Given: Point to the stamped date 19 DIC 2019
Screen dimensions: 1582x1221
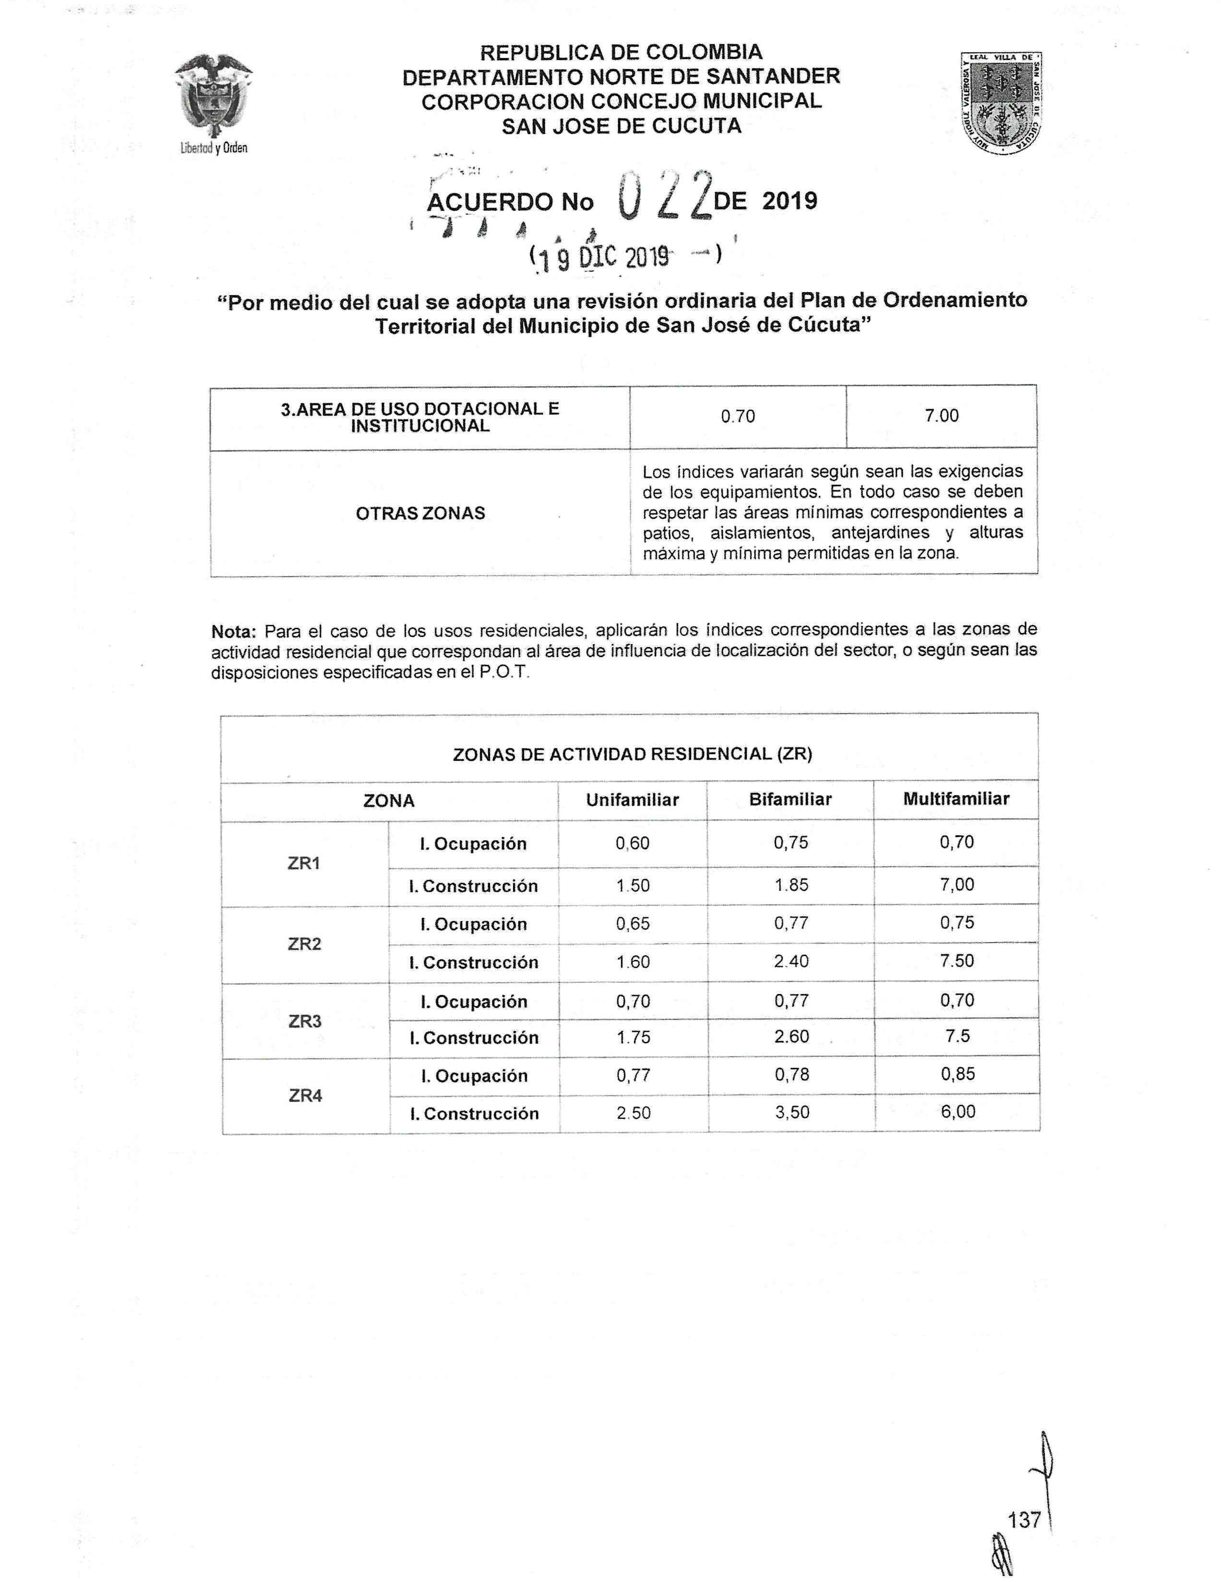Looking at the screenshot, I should (624, 257).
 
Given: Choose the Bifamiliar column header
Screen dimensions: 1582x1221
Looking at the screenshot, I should (790, 799).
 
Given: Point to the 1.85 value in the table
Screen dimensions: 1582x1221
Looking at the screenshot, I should (791, 885).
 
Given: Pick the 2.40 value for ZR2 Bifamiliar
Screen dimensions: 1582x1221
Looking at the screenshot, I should (791, 961).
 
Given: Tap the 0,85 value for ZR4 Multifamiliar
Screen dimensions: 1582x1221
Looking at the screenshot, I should (958, 1074).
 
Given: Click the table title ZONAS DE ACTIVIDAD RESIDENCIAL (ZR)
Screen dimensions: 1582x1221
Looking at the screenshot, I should (632, 754).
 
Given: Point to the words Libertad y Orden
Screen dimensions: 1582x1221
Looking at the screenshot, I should (214, 148).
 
